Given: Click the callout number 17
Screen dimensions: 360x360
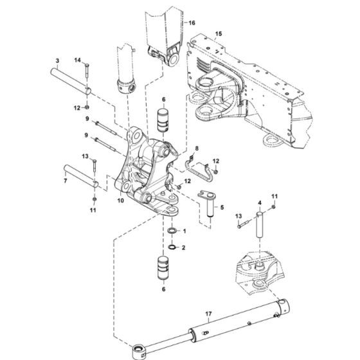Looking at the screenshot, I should pyautogui.click(x=208, y=314).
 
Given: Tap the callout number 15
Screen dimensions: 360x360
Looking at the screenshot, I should pyautogui.click(x=219, y=33).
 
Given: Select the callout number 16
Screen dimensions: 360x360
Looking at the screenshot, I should pyautogui.click(x=190, y=22).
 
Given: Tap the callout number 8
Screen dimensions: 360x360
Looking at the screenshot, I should pyautogui.click(x=197, y=148).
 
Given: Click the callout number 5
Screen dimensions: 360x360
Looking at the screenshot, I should pyautogui.click(x=222, y=208).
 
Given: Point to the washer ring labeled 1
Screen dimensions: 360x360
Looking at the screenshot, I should pyautogui.click(x=172, y=231).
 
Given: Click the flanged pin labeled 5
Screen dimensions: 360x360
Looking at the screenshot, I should pyautogui.click(x=210, y=206).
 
